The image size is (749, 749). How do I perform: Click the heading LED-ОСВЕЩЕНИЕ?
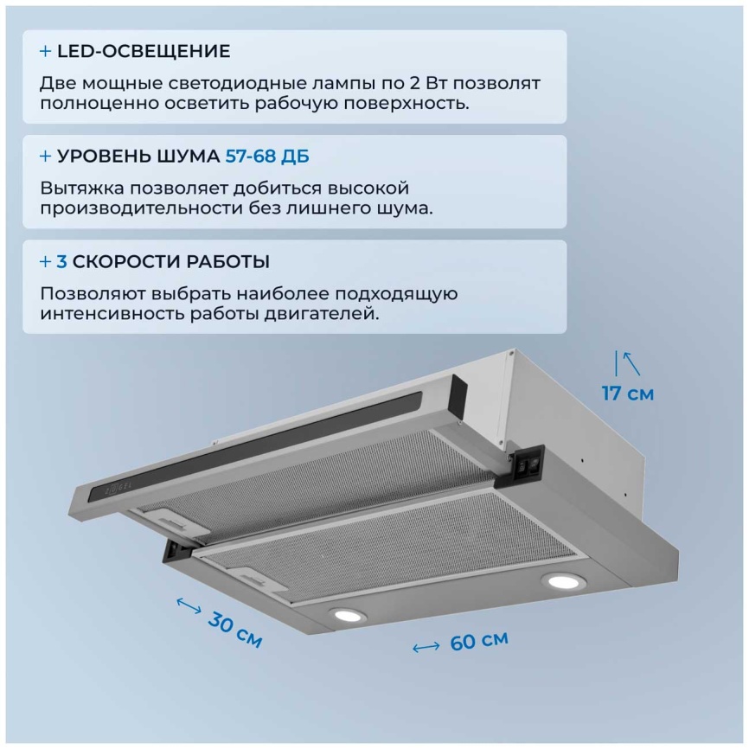point(144,51)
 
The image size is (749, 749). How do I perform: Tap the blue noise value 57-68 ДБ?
point(267,157)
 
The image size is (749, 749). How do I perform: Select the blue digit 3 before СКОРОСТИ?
point(61,262)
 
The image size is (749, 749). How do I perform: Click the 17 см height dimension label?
point(628,394)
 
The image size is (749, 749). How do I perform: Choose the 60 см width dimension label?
point(479,641)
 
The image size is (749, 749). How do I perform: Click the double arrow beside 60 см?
point(426,647)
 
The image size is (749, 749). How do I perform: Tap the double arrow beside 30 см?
point(189,605)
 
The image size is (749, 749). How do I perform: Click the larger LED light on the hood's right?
point(563,581)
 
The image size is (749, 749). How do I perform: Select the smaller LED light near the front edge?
point(348,615)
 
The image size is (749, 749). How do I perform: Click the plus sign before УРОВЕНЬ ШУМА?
point(45,157)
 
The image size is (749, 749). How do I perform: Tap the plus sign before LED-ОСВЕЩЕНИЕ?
point(45,51)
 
